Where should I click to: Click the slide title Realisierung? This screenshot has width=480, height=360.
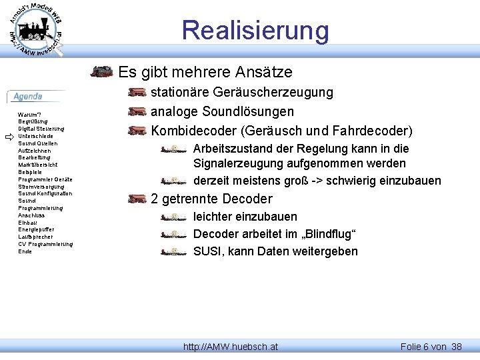point(255,30)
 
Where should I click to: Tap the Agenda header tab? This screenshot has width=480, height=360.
point(29,97)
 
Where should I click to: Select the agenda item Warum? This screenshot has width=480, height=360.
point(29,115)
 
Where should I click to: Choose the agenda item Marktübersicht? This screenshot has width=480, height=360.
point(37,165)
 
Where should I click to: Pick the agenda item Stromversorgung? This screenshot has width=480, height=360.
point(41,186)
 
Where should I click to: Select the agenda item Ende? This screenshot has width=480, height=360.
point(25,251)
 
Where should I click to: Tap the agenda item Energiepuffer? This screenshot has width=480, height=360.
point(36,229)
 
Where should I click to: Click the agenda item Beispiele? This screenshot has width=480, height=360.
point(31,172)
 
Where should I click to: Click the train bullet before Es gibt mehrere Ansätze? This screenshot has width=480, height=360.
point(101,71)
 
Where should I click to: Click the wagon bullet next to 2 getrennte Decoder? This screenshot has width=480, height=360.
point(137,199)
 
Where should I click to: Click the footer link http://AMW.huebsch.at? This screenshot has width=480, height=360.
point(231,347)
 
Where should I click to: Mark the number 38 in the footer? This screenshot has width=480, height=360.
point(456,347)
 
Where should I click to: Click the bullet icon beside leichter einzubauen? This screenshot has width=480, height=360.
point(173,217)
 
